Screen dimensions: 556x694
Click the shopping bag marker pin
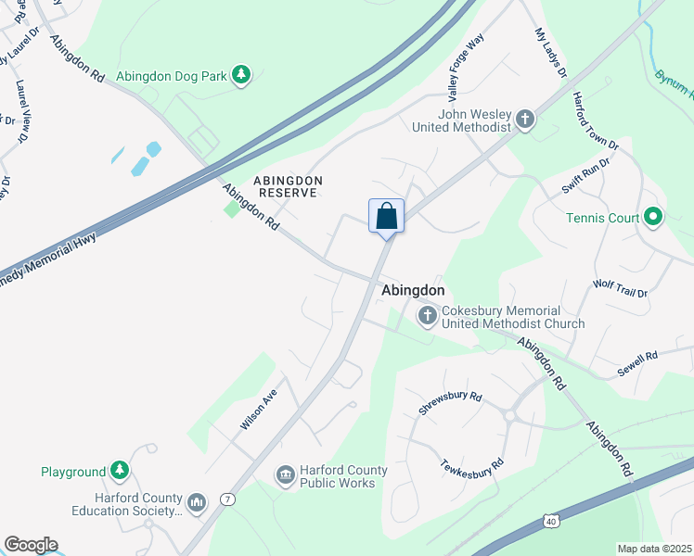click(386, 217)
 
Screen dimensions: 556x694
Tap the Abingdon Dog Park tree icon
click(241, 75)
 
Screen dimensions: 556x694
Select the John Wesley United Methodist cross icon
click(525, 119)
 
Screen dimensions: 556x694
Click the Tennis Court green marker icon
click(653, 218)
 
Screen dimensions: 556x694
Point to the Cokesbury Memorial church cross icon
click(428, 317)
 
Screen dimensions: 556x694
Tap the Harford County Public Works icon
click(285, 476)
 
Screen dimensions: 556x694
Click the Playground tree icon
click(120, 471)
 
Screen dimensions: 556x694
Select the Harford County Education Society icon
click(197, 503)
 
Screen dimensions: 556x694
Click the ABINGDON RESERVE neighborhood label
click(289, 186)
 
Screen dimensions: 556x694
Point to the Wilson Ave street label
click(259, 409)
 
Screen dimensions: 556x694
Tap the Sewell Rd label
click(637, 363)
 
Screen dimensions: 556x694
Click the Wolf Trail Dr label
click(620, 287)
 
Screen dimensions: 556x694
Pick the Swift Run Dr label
click(585, 176)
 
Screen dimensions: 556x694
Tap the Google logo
click(31, 545)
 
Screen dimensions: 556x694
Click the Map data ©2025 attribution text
click(654, 549)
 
